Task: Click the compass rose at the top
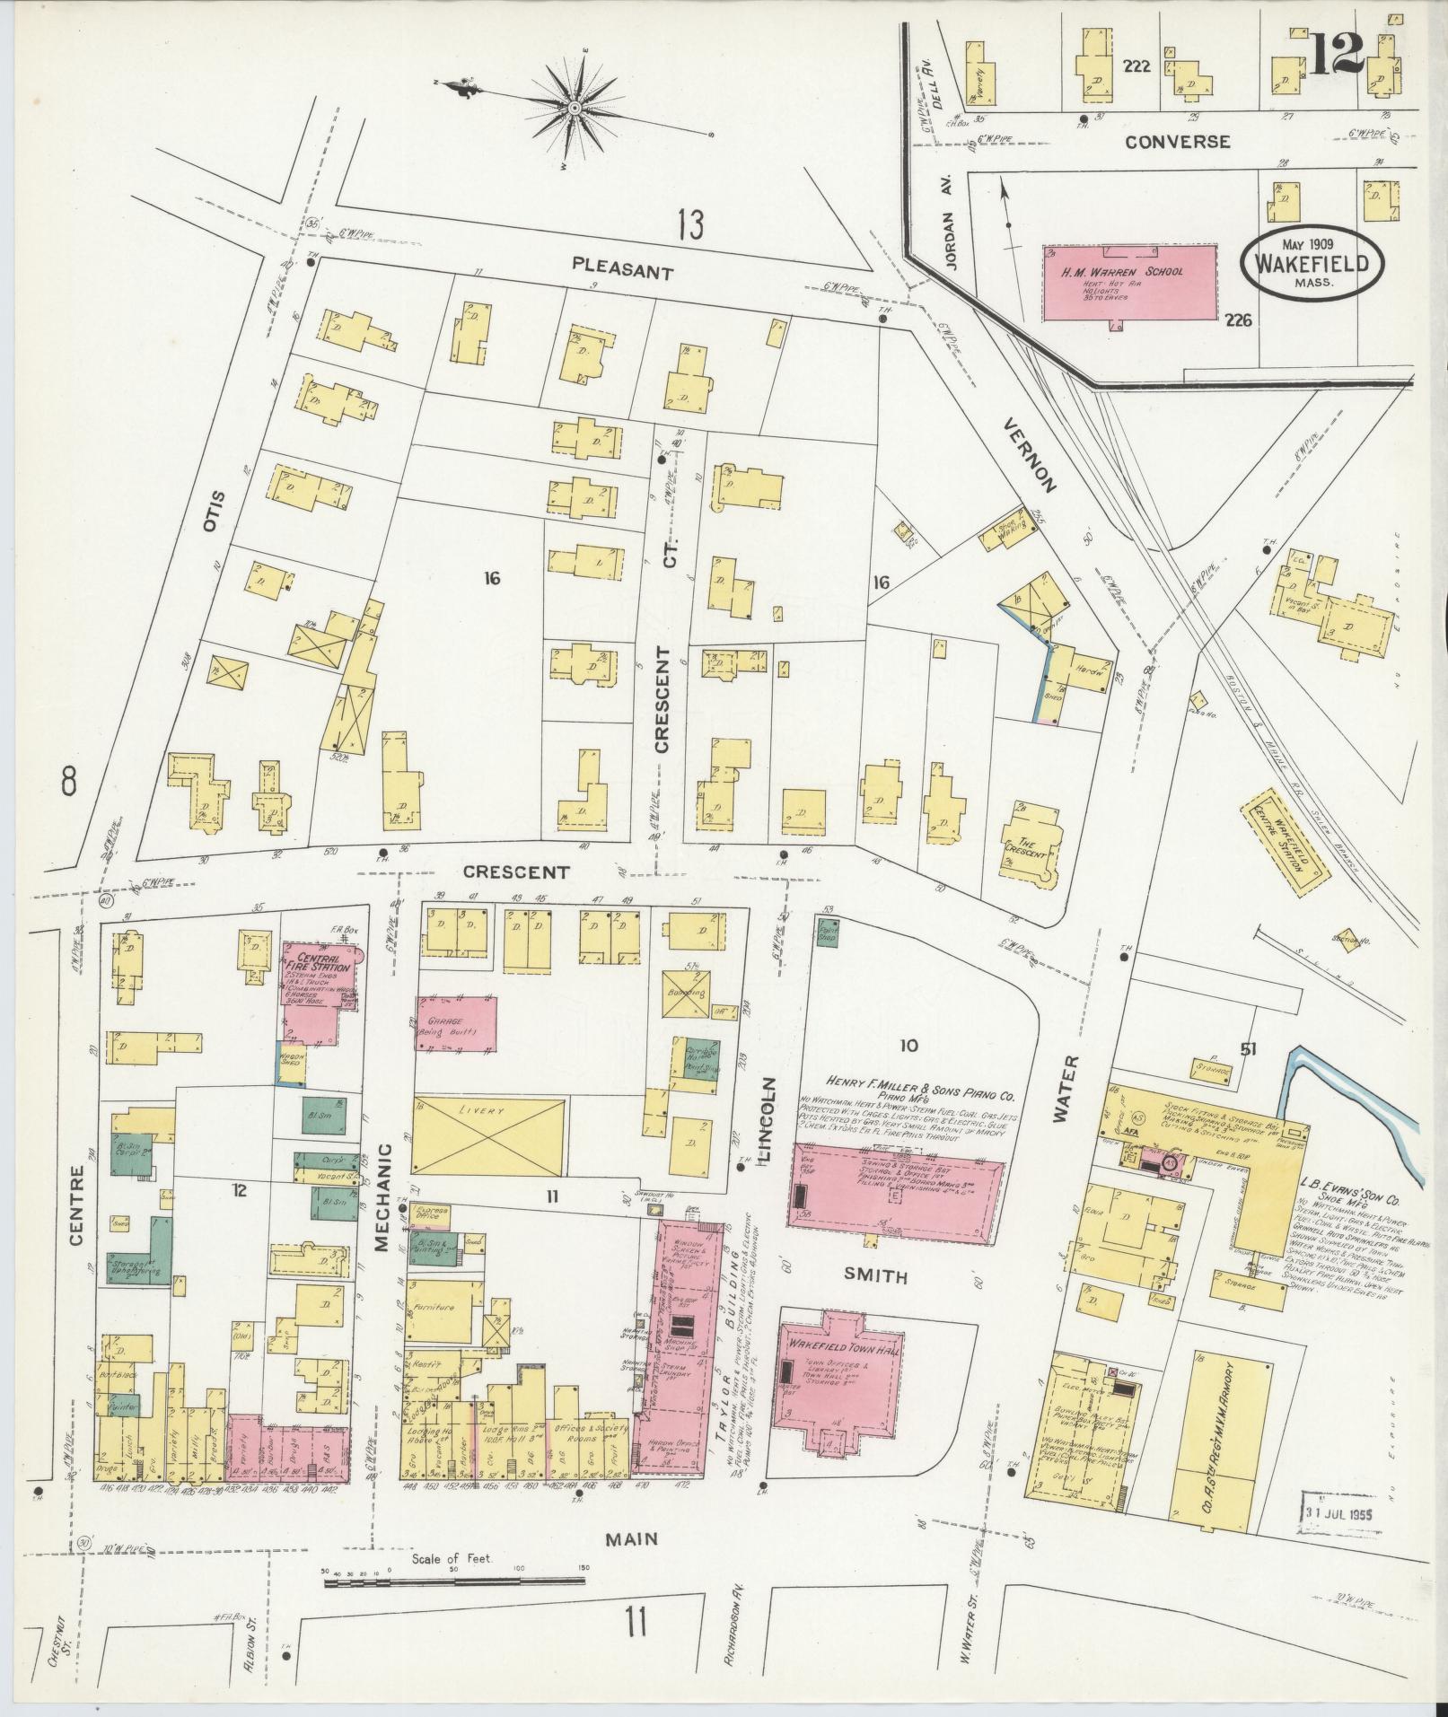tap(573, 108)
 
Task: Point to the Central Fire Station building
tap(319, 992)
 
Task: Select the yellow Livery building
tap(489, 1135)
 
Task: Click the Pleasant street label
tap(622, 268)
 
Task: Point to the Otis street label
tap(212, 511)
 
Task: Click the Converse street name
tap(1177, 141)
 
